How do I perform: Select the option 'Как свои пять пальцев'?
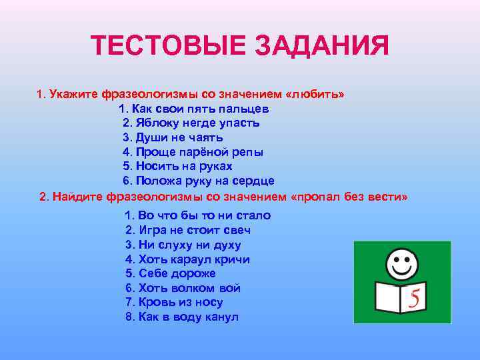click(193, 109)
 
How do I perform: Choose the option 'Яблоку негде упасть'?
click(191, 123)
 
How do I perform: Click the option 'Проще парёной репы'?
click(193, 152)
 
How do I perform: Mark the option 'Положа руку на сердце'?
click(199, 181)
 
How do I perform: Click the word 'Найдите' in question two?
click(76, 198)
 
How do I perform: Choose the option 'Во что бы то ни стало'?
click(198, 215)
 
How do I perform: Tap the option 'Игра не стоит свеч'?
click(188, 230)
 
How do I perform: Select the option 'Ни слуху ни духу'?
click(183, 245)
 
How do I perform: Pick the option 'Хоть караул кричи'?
click(187, 259)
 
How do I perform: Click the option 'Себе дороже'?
click(171, 274)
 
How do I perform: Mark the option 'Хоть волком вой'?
click(183, 289)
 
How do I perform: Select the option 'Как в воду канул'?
click(182, 317)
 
